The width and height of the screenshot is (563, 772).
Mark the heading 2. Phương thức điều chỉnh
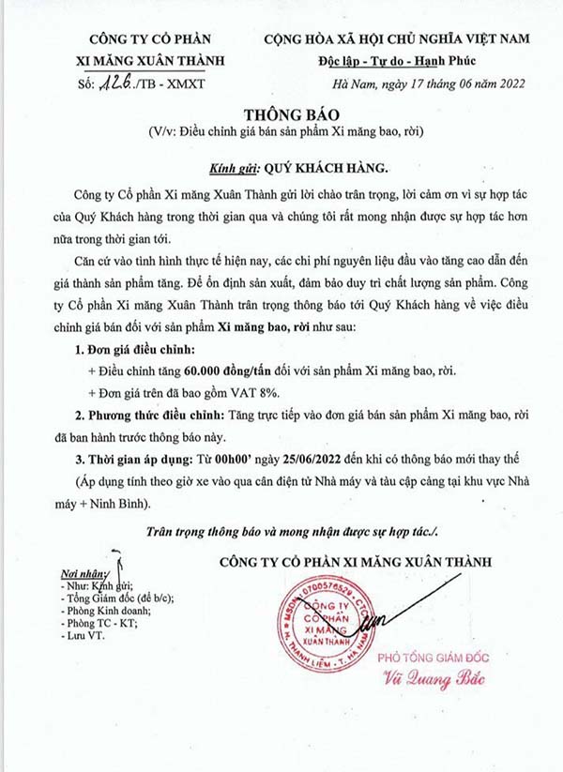click(x=151, y=416)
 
